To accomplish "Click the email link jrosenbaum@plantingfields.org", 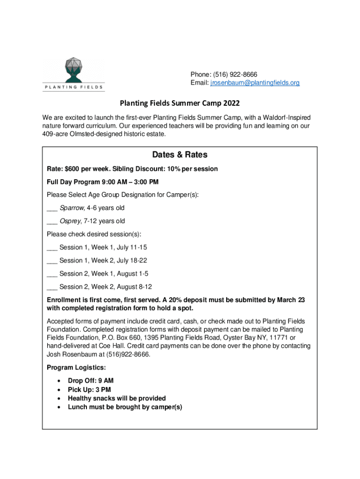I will click(255, 83).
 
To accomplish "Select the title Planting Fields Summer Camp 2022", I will click(180, 103).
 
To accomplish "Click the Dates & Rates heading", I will click(180, 155).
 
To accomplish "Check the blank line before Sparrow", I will click(52, 208).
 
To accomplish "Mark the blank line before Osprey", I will click(52, 221).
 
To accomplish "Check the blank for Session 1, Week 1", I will click(52, 247).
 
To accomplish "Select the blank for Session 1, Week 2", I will click(52, 261).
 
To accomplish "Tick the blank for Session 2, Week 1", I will click(52, 274).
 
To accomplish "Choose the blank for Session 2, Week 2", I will click(52, 287).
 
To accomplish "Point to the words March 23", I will click(291, 300).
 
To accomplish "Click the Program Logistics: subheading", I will click(73, 368).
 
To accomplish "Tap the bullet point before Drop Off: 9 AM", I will click(58, 381).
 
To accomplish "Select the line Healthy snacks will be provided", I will click(116, 398).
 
